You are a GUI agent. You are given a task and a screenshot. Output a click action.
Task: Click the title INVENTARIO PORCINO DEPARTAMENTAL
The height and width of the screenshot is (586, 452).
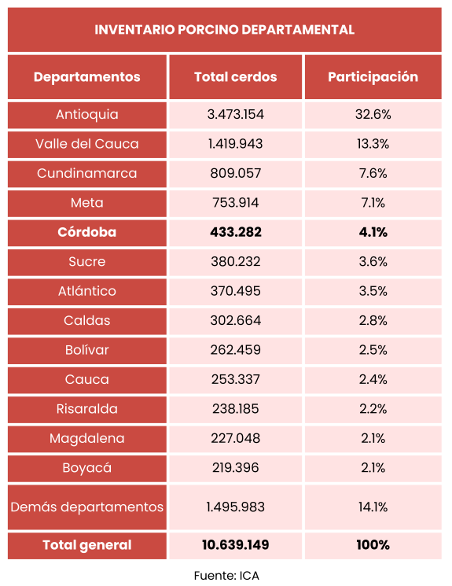(224, 30)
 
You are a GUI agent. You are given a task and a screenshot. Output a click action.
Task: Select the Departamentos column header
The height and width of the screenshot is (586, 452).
(87, 77)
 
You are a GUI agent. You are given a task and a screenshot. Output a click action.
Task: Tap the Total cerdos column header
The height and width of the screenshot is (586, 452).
(235, 77)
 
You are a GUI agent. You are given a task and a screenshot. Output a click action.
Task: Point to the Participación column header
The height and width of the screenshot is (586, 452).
(373, 77)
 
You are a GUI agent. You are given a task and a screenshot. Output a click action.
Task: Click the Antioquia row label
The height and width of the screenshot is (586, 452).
(87, 114)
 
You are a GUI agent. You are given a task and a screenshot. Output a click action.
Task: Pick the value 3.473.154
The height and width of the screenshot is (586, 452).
(235, 114)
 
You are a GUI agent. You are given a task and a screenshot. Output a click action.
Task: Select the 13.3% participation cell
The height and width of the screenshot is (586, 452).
(373, 144)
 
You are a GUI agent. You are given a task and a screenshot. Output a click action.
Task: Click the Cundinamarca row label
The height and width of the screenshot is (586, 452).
(87, 173)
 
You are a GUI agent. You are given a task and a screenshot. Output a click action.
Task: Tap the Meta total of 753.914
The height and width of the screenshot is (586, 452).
(235, 203)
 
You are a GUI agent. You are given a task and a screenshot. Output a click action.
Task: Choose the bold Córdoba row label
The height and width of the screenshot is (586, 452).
(87, 232)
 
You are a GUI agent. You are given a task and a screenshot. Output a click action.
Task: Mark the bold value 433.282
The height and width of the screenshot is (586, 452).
(235, 232)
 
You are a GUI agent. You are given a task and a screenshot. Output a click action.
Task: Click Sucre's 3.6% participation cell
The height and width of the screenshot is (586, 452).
(373, 262)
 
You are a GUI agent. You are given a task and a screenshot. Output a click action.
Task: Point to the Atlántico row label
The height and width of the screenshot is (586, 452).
(87, 291)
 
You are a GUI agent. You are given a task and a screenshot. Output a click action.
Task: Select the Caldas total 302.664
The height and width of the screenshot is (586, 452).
(235, 321)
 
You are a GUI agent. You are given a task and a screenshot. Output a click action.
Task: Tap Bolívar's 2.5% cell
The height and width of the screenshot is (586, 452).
(373, 350)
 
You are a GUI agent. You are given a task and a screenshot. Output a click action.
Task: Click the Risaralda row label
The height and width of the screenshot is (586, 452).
(87, 409)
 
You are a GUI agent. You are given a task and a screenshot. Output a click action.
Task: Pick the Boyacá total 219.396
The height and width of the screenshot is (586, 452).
(235, 468)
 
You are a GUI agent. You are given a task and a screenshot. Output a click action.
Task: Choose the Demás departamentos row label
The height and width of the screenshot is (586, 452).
(87, 507)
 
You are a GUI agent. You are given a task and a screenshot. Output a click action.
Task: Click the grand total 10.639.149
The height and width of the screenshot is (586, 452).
(235, 545)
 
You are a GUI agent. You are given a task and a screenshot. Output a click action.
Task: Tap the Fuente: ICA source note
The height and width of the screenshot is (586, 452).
(226, 576)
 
